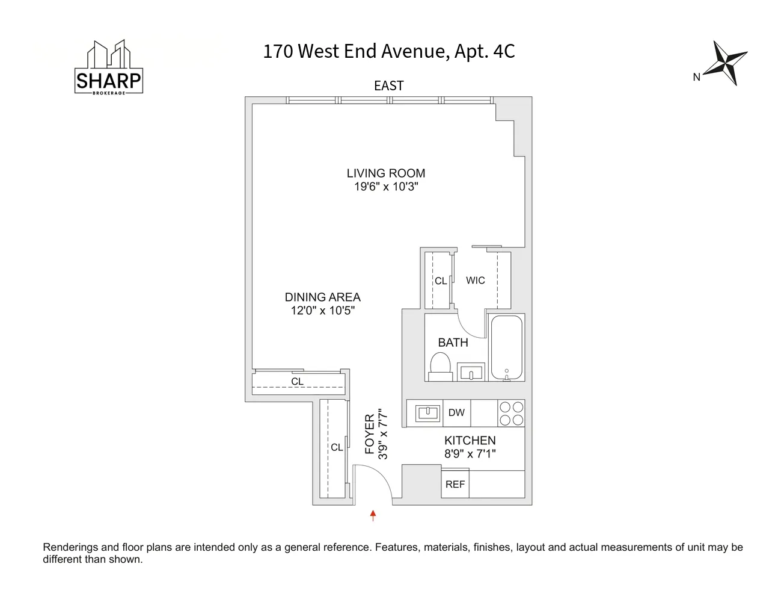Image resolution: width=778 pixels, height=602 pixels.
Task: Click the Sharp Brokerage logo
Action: coord(109,68)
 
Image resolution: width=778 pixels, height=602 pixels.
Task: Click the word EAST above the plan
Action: coord(388,86)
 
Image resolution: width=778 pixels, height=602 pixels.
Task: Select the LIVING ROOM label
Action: coord(385,173)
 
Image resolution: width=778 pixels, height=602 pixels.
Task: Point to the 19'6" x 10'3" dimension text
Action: coord(385,187)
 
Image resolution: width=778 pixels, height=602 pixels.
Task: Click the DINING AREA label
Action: coord(322,297)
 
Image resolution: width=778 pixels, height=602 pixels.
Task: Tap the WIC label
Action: coord(475,281)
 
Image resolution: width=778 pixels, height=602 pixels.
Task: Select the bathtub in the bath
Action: coord(506,347)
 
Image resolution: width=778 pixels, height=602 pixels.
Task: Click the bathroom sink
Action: coord(471,372)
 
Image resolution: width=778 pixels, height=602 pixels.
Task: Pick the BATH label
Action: coord(453,343)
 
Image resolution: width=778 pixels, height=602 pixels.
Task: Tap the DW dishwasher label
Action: coord(456,413)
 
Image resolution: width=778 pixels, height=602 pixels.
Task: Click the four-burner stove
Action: coord(511,414)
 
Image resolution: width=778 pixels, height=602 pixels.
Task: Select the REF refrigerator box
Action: coord(455,485)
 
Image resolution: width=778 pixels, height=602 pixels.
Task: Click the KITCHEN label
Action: coord(470,441)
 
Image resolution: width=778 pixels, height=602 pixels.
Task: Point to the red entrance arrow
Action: coord(373,515)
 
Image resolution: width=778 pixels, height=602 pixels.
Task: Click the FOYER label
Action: coord(369,433)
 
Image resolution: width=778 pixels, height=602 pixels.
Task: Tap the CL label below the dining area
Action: coord(297,382)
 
